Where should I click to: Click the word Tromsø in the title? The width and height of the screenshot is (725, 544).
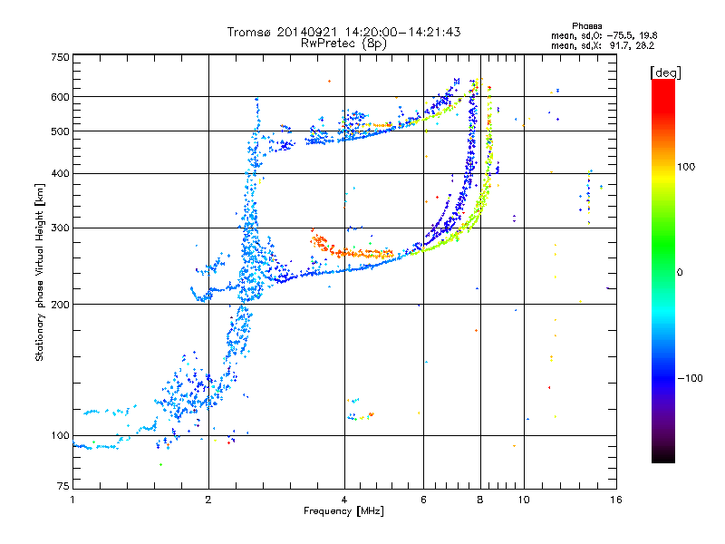(250, 32)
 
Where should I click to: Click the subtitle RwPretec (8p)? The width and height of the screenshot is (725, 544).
(343, 44)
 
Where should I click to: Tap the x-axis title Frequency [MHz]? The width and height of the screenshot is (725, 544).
(343, 511)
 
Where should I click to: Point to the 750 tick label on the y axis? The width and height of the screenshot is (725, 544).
(61, 57)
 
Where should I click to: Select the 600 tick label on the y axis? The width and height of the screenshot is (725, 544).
(61, 97)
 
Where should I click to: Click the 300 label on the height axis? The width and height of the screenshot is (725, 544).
(61, 228)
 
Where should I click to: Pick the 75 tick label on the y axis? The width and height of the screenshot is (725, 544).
(63, 486)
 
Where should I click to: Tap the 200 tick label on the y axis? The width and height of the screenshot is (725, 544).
(61, 304)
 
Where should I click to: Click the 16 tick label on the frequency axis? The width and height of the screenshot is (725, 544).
(616, 500)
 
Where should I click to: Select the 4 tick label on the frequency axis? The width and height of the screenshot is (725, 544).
(344, 500)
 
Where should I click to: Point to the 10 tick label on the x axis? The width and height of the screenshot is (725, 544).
(524, 500)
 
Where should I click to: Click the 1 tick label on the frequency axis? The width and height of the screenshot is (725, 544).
(72, 500)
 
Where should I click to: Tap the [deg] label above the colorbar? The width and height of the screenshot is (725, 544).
(665, 73)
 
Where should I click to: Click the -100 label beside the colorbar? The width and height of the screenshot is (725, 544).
(690, 378)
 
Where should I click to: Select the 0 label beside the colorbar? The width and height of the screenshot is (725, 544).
(680, 272)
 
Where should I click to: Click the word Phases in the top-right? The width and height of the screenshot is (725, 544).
(586, 26)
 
